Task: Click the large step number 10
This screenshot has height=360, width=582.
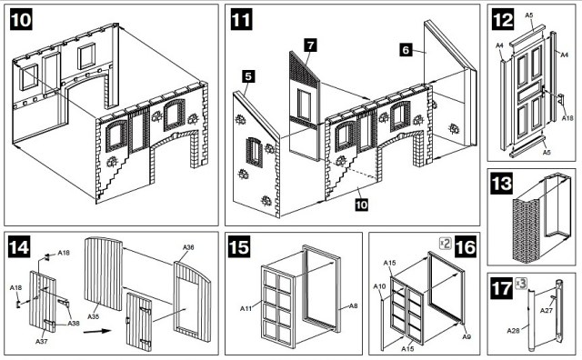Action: (21, 19)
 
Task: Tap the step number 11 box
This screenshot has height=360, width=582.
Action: (241, 19)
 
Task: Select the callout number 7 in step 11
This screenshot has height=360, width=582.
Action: (310, 45)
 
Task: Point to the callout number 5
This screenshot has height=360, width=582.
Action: (248, 76)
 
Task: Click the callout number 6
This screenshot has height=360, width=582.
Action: (406, 50)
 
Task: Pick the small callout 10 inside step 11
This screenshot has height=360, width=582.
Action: (362, 205)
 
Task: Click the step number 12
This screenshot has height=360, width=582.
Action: (503, 19)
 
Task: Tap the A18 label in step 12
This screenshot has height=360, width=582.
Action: (567, 118)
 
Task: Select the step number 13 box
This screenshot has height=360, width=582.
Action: (501, 184)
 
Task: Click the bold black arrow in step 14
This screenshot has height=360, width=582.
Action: (97, 331)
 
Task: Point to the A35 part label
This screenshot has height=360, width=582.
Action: (94, 316)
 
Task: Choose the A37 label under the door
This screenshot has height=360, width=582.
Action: (42, 341)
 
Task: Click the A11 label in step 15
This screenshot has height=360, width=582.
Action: (246, 308)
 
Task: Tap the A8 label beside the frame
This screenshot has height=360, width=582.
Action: (354, 306)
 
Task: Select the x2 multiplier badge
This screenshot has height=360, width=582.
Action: (446, 244)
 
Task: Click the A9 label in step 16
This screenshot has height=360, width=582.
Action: (467, 336)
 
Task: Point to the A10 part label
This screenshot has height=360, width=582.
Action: (379, 286)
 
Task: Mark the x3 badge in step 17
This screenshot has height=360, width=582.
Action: (521, 283)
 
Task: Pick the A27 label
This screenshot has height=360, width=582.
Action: (547, 310)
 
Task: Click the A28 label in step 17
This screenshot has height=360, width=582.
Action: (513, 330)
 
